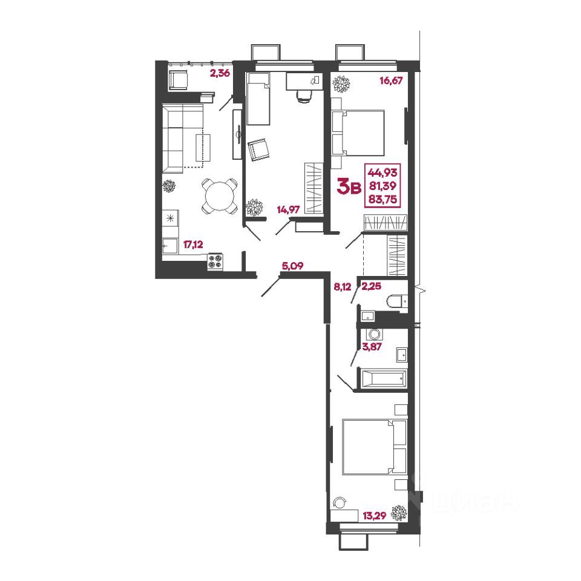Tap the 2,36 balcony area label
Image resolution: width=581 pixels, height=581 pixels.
(x=219, y=75)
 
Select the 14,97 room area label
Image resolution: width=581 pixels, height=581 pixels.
(x=288, y=210)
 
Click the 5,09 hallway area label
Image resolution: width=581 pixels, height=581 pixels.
(x=292, y=264)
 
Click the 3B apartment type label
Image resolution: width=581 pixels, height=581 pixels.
(x=350, y=187)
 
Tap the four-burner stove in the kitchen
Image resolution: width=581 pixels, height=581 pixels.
(x=216, y=261)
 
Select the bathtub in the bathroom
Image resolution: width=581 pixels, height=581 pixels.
(x=382, y=379)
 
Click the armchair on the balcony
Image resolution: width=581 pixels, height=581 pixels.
(x=178, y=79)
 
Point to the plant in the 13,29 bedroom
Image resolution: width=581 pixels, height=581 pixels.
(x=398, y=513)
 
